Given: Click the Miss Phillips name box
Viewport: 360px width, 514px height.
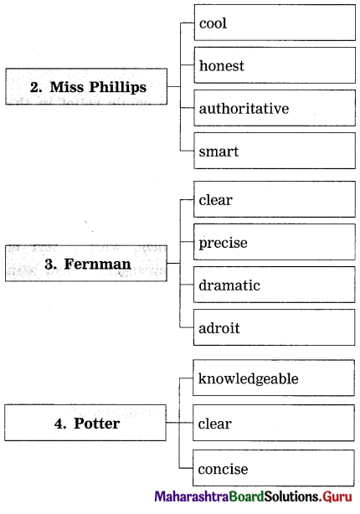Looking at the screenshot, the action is point(86,86).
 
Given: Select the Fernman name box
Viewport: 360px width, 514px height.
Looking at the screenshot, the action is point(86,263).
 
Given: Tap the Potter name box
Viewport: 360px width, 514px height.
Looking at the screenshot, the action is point(85,423).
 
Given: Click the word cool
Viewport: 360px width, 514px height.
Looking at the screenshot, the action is point(213,23).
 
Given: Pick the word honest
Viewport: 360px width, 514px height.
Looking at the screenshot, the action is point(222,65).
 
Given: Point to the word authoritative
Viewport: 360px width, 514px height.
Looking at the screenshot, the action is point(244,108).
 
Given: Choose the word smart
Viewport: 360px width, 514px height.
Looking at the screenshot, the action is point(219,152).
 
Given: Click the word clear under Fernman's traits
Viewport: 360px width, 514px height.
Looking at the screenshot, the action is point(216,199).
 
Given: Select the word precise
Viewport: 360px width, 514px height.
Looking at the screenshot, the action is point(223,244).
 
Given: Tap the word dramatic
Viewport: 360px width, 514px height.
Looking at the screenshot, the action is point(229,285).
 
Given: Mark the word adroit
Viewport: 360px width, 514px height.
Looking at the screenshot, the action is point(219,327).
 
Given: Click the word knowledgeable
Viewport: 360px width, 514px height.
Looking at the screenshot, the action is point(248,379).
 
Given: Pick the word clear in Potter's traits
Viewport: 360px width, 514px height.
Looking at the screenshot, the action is point(215,424).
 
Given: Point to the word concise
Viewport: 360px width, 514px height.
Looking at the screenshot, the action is point(223,469).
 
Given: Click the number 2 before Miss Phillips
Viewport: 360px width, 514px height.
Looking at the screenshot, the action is point(36,87).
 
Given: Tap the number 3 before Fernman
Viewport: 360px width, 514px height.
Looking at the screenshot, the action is point(50,264).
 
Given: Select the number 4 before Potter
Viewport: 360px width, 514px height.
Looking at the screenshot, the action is point(60,424).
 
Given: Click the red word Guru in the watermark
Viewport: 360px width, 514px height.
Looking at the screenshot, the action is point(337,496).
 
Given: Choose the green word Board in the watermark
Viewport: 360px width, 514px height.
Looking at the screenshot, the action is point(246,496).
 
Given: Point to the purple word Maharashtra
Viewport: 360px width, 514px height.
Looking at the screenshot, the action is point(192,496).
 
